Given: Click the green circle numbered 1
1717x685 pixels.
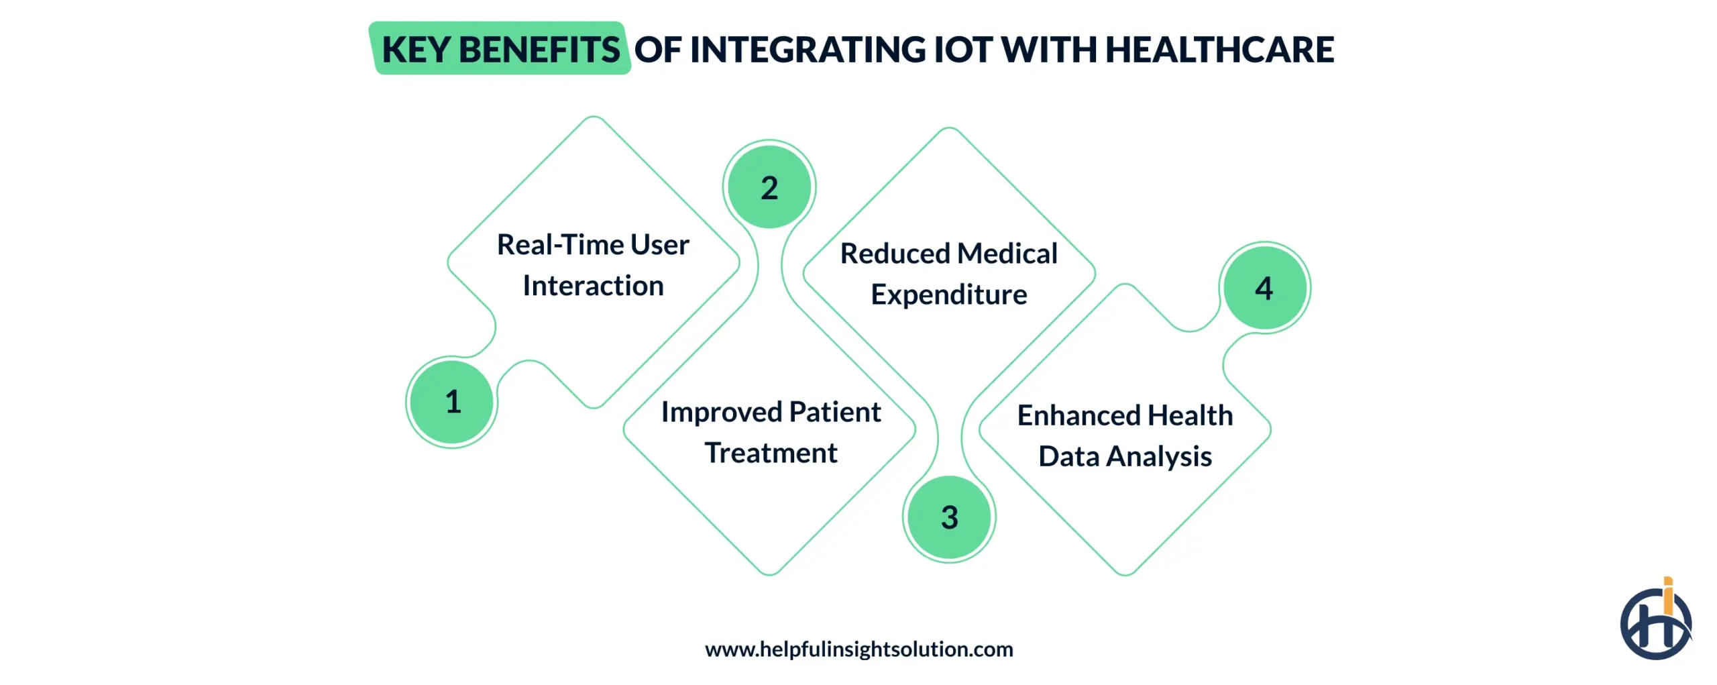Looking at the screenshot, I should (452, 402).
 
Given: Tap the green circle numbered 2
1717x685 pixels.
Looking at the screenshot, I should (769, 187).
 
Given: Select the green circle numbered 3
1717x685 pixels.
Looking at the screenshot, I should (949, 517).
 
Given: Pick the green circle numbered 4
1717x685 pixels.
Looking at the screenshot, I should (1264, 288).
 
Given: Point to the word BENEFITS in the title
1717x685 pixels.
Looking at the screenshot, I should (539, 50).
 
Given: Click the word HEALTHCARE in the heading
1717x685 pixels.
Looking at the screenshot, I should (1219, 50).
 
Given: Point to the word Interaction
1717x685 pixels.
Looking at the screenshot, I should (593, 286).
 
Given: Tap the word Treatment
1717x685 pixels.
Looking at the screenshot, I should (771, 453).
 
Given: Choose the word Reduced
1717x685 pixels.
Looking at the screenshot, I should (895, 254).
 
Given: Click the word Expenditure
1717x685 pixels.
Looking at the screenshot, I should (948, 295).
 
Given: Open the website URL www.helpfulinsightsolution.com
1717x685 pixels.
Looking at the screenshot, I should (858, 649).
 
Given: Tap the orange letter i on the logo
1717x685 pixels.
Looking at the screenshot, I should (1667, 596).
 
